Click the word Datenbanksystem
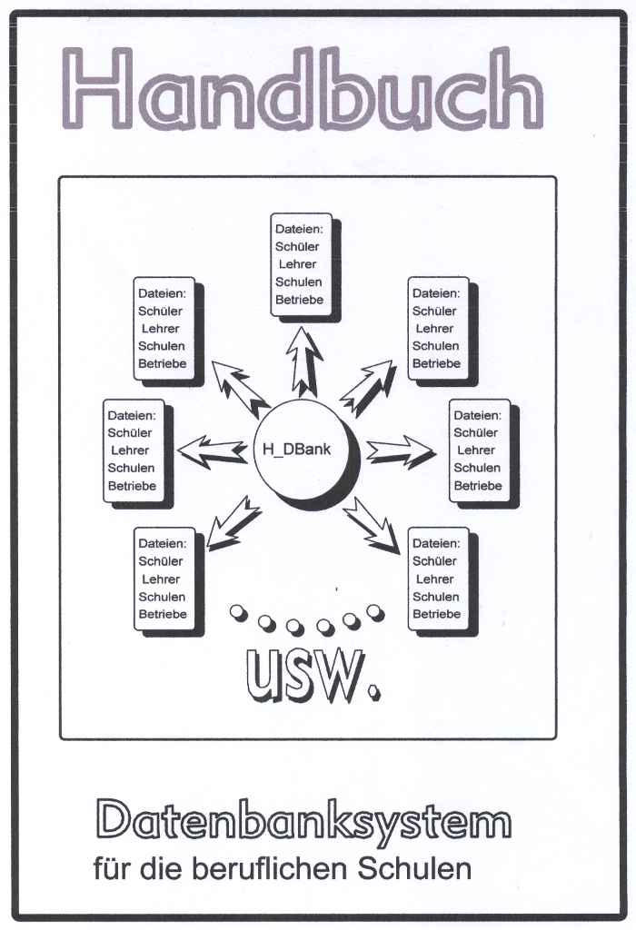[303, 821]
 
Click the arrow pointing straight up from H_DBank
[305, 361]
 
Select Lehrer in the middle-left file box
[130, 450]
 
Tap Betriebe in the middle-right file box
[477, 486]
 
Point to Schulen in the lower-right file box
[435, 597]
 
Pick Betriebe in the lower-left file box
[163, 614]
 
